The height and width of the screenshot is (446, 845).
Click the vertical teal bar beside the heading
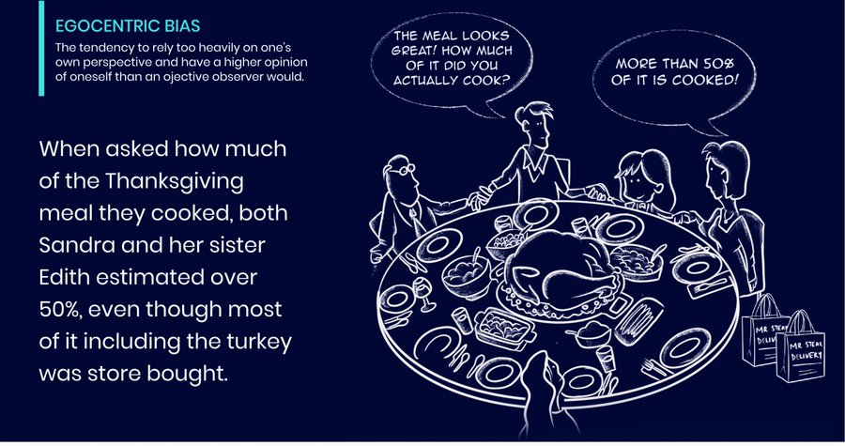tap(41, 47)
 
